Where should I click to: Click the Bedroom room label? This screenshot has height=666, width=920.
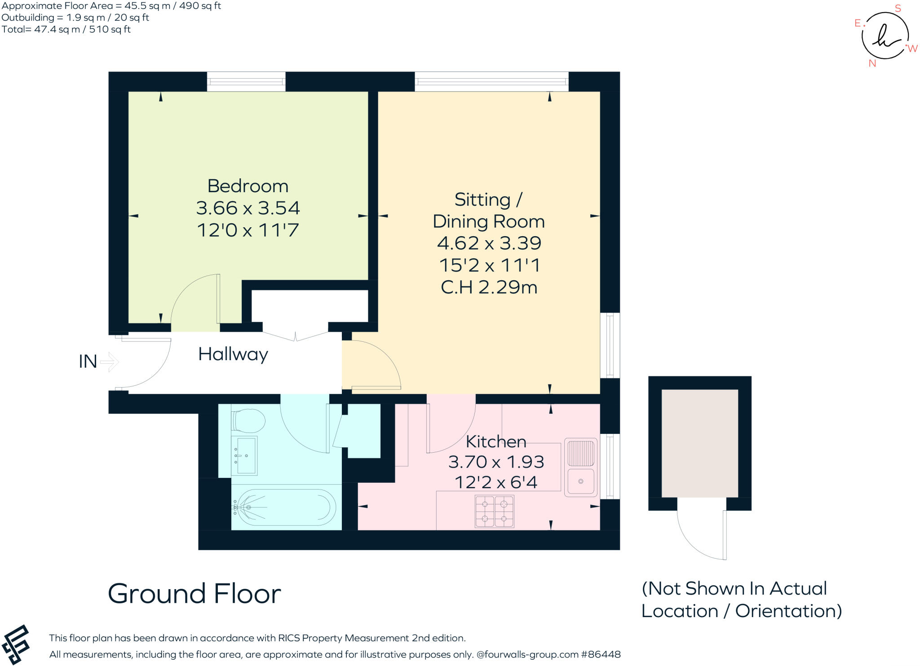(248, 186)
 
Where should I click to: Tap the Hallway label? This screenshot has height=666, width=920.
(233, 354)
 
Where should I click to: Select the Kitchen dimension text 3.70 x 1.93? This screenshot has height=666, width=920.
(496, 462)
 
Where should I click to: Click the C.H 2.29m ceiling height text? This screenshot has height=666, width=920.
(489, 287)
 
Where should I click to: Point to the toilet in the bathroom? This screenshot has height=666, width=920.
(248, 421)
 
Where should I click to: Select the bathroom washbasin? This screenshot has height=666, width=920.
(244, 455)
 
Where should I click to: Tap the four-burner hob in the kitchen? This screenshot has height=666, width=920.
(494, 511)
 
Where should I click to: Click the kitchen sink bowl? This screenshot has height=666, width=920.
(580, 481)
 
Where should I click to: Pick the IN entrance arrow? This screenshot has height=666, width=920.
(109, 362)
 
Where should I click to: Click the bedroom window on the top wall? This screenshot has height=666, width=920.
(246, 82)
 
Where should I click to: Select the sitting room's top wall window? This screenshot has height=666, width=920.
(491, 82)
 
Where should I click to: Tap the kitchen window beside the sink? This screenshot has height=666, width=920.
(610, 466)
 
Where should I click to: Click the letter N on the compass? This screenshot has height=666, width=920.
(872, 63)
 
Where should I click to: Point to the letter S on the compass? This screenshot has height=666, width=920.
(898, 9)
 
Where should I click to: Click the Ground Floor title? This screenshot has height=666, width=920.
(194, 594)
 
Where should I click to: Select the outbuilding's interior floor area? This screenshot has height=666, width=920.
(699, 443)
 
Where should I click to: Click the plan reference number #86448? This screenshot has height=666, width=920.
(601, 654)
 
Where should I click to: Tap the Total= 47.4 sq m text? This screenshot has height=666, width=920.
(66, 30)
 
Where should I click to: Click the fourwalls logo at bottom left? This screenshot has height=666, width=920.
(16, 645)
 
